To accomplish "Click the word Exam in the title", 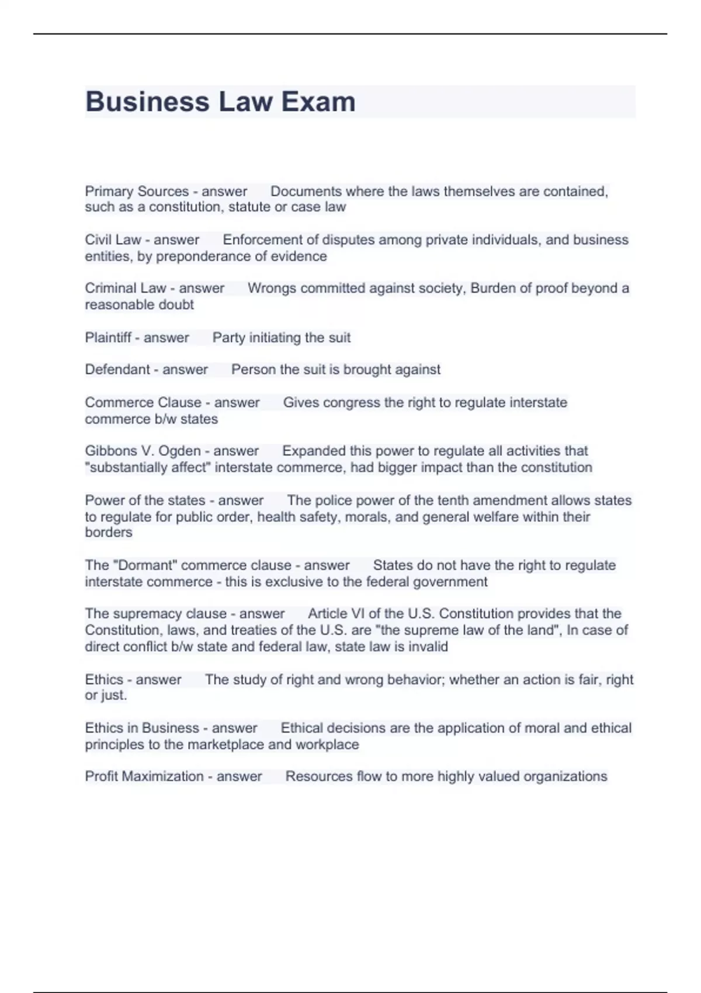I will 318,102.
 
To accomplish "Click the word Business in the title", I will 148,102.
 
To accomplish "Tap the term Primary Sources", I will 137,192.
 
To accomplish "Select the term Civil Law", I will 113,240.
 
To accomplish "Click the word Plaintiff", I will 108,338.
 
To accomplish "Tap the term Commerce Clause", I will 143,402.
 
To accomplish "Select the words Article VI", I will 336,614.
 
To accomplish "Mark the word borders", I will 109,533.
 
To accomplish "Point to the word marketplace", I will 226,745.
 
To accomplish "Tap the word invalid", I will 429,647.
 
